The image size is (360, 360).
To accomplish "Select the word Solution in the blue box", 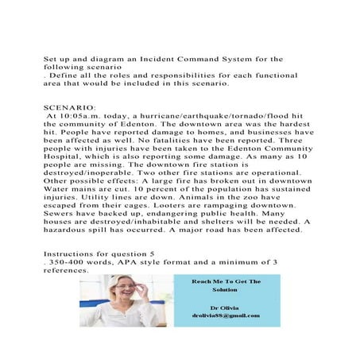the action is point(226,290).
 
